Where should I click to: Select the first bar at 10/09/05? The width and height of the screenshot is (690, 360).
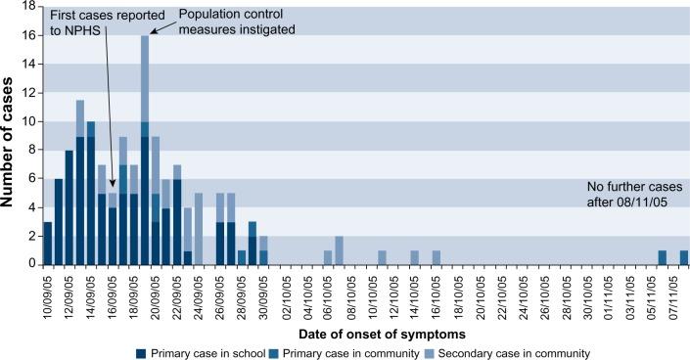(x=48, y=244)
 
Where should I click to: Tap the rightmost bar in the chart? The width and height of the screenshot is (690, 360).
(x=683, y=258)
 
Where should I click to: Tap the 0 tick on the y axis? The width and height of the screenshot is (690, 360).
(x=34, y=265)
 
